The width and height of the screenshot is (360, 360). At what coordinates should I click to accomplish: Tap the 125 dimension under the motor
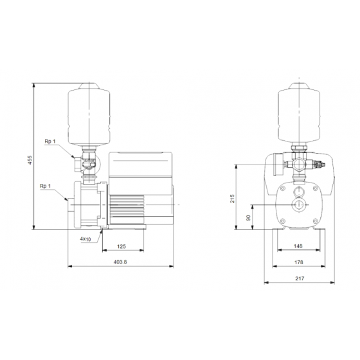[122, 246]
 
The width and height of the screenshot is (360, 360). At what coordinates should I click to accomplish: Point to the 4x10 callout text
[85, 239]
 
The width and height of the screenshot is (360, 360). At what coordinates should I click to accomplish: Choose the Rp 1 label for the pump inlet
[45, 186]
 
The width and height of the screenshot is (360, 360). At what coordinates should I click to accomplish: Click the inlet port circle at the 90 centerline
[299, 206]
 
